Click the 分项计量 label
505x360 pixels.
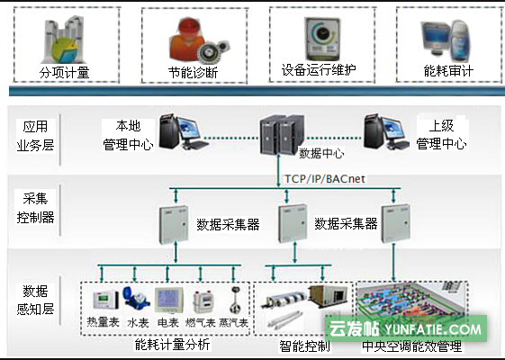64,73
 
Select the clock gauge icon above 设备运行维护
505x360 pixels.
322,39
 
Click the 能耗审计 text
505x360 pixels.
448,70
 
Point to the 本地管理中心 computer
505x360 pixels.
184,132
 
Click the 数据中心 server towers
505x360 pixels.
282,134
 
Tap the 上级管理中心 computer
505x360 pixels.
387,132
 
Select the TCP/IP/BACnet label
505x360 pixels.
325,179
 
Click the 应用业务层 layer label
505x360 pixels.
35,136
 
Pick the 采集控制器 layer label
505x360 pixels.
35,208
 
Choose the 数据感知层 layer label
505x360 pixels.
35,300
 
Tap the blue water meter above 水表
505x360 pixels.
136,299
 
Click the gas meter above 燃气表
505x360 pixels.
203,302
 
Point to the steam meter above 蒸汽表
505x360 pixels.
235,300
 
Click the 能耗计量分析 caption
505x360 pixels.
172,345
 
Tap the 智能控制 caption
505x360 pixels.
304,346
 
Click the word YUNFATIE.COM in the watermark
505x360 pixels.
432,329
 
